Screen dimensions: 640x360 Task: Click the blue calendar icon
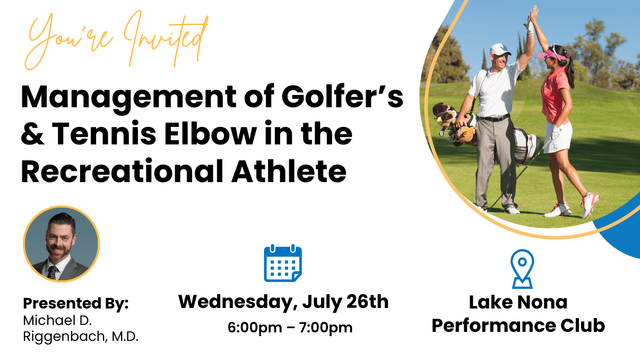click(x=282, y=263)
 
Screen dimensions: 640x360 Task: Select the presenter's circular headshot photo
click(x=61, y=244)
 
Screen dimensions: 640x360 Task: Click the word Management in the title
click(x=128, y=98)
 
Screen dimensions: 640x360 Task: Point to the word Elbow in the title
click(x=210, y=133)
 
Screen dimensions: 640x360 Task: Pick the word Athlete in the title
click(x=289, y=170)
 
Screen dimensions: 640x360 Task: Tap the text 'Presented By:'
click(x=76, y=303)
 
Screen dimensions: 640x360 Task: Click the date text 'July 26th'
click(x=345, y=302)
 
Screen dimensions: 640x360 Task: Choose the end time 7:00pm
click(x=326, y=328)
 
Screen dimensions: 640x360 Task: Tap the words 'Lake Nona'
click(x=518, y=302)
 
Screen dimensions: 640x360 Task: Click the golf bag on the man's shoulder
click(x=486, y=134)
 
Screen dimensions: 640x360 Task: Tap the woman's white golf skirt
click(x=558, y=136)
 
